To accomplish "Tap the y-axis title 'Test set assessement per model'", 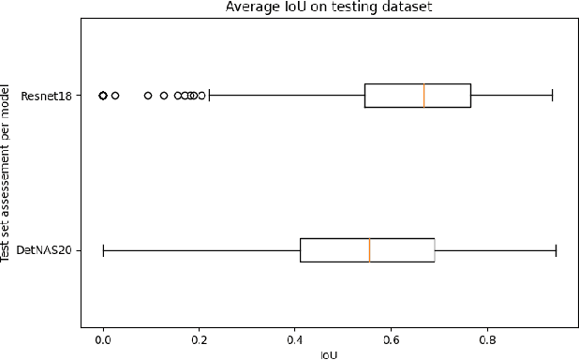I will pos(7,172).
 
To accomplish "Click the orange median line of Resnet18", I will pos(423,96).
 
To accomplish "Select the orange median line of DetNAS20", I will pos(369,250).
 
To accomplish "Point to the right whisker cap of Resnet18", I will pos(552,96).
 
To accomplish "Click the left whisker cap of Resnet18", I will pos(208,96).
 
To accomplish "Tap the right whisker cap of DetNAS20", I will pos(556,250).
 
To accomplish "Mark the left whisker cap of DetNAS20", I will pos(103,250).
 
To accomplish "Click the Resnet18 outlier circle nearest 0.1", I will pos(148,96).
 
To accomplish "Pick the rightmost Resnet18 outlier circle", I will pos(200,96).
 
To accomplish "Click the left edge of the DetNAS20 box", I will pos(301,250).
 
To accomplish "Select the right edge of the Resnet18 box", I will pos(470,96).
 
